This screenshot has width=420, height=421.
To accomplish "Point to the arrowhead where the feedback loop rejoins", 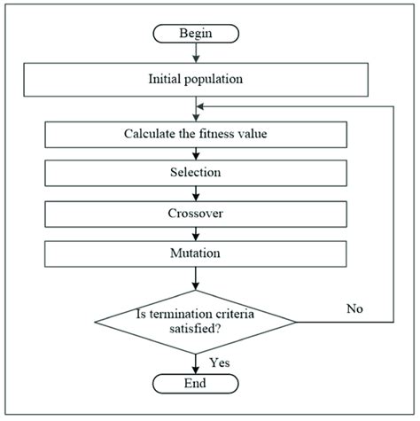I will click(x=200, y=106).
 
